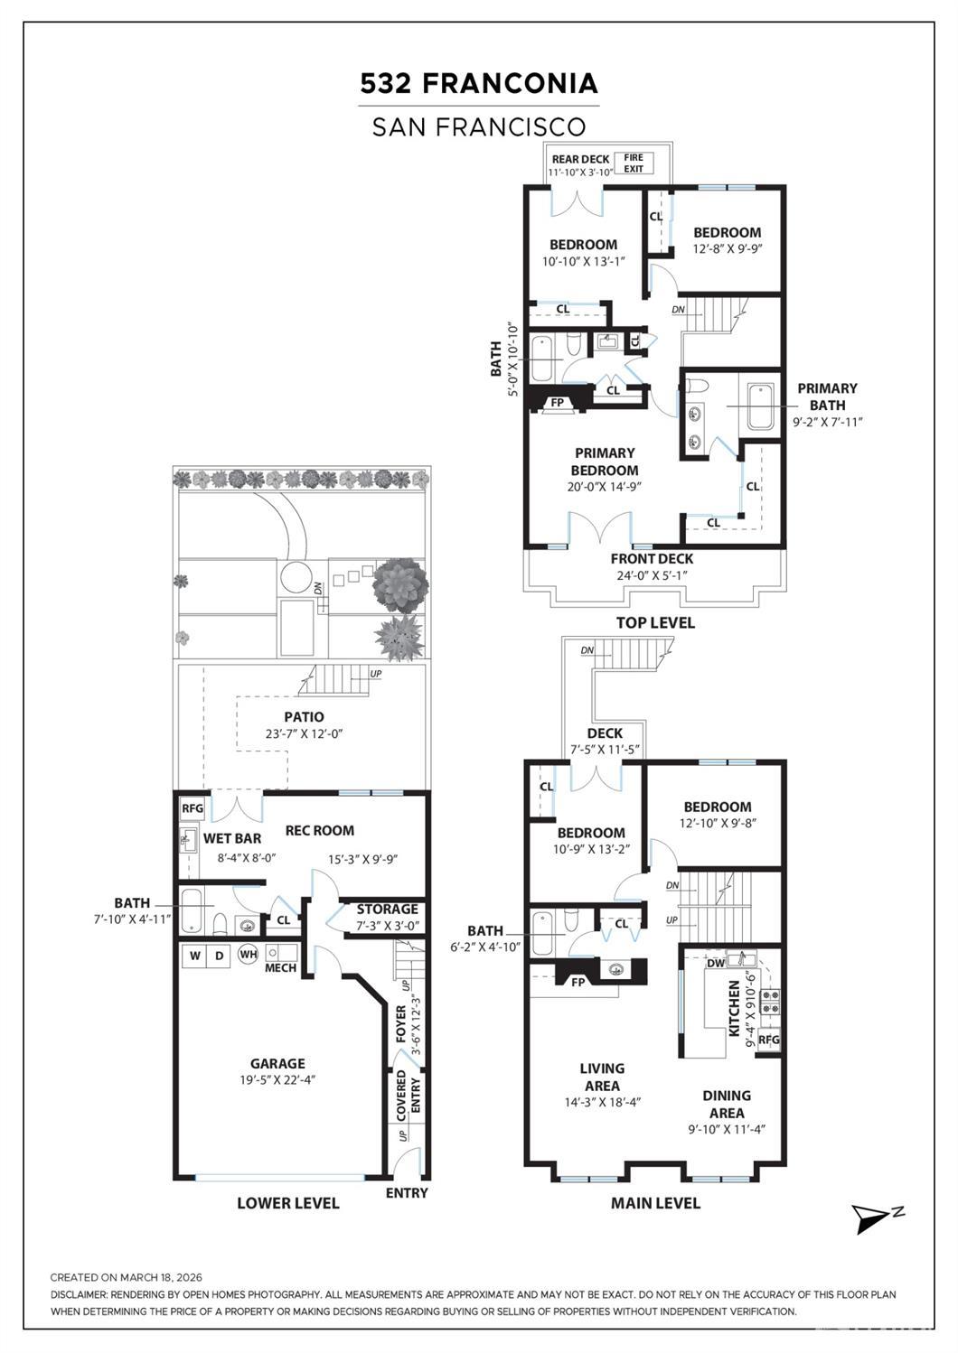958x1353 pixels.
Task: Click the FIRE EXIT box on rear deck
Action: (634, 163)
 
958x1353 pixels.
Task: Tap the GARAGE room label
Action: (278, 1063)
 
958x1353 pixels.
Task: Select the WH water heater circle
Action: (248, 955)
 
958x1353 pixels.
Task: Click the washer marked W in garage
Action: (194, 956)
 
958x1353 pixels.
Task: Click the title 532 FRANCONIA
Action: (479, 83)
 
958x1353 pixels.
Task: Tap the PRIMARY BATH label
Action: (828, 397)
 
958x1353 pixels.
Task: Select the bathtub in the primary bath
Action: (760, 406)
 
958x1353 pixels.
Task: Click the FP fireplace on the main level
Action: (578, 983)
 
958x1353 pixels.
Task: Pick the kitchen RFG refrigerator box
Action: (769, 1040)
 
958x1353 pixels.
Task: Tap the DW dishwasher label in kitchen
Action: (716, 963)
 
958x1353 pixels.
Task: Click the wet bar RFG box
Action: (193, 808)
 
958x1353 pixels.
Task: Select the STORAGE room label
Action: (387, 909)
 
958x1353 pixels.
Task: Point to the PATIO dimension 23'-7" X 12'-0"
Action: (304, 734)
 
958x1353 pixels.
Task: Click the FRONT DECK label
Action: (652, 559)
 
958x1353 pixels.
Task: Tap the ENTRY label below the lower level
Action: (407, 1193)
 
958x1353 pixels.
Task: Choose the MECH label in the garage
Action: (280, 967)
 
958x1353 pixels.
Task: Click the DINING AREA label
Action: (727, 1104)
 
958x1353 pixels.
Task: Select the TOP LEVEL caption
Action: (655, 622)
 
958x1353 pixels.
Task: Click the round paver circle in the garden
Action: (295, 577)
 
